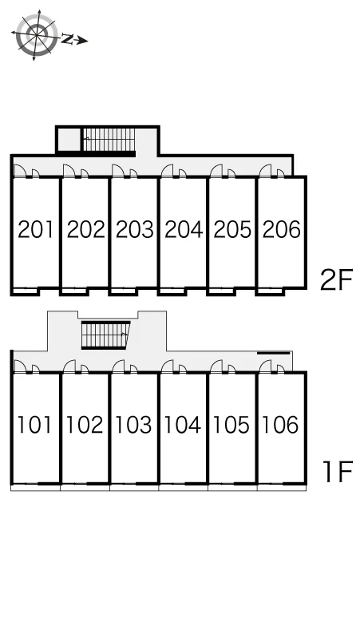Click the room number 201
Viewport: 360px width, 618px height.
(x=35, y=229)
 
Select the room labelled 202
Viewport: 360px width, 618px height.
(x=86, y=229)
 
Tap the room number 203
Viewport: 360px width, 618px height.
(x=135, y=229)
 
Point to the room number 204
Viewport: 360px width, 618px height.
(x=184, y=229)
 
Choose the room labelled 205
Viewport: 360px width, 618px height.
(x=232, y=229)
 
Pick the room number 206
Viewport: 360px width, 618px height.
(x=281, y=229)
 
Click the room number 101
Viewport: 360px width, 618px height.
(x=34, y=425)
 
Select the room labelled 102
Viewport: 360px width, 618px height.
(x=85, y=425)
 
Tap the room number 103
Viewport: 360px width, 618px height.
(x=133, y=425)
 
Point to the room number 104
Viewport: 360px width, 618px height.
(x=182, y=425)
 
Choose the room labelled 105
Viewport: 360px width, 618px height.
(x=231, y=425)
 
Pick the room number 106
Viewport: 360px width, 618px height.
(x=280, y=425)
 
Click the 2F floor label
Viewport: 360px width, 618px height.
(x=336, y=279)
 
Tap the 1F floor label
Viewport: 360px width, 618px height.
(x=337, y=472)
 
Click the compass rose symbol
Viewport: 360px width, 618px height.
(x=36, y=35)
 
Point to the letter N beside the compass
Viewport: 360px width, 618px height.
(x=68, y=39)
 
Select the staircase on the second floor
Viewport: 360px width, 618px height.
(x=109, y=141)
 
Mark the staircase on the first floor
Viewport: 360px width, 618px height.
(x=105, y=335)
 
